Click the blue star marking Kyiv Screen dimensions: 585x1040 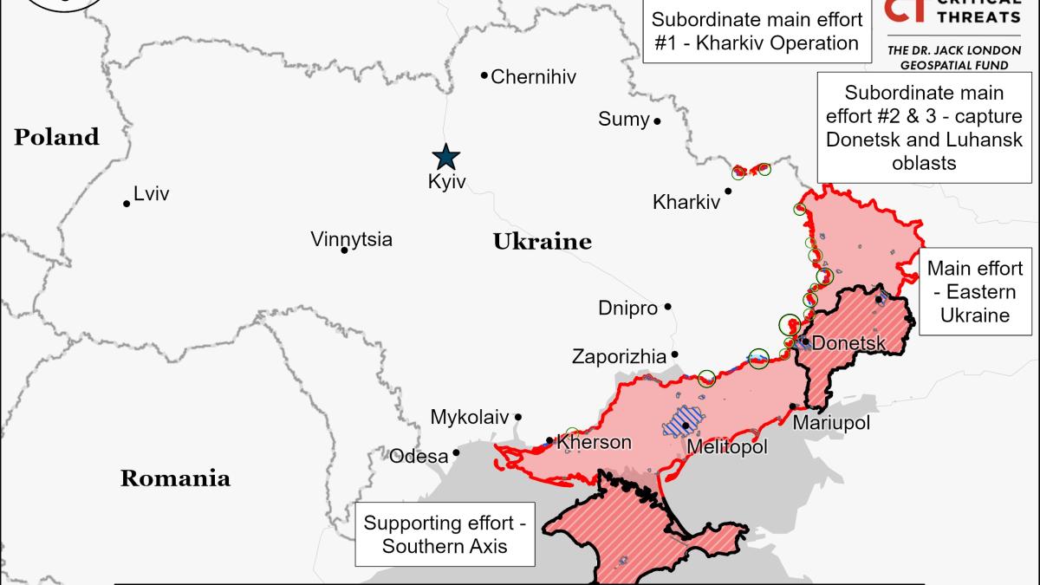click(x=446, y=157)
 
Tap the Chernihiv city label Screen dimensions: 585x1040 click(x=533, y=77)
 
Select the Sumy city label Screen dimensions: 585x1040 click(x=623, y=120)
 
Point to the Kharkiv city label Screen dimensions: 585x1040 click(x=686, y=203)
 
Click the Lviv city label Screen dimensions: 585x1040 click(x=151, y=195)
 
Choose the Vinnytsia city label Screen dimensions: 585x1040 click(x=351, y=239)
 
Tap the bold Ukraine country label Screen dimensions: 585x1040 click(x=542, y=242)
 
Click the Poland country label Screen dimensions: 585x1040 click(x=56, y=137)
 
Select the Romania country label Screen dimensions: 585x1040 click(x=175, y=478)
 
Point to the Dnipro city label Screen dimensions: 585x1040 click(x=627, y=308)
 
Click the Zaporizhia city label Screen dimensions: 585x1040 click(x=619, y=356)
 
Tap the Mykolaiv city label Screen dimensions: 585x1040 click(x=469, y=417)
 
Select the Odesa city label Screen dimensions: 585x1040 click(x=419, y=456)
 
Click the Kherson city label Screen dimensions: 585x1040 click(x=594, y=442)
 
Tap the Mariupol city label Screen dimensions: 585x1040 click(x=831, y=423)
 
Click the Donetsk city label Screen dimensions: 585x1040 click(x=848, y=344)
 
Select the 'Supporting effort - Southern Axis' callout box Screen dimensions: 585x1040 click(x=445, y=535)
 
